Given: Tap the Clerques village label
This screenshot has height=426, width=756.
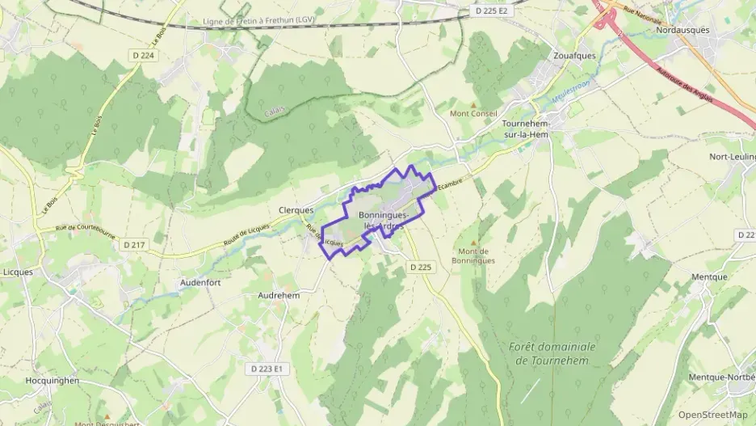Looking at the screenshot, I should (296, 209).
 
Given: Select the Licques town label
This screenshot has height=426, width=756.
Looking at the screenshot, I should (18, 272).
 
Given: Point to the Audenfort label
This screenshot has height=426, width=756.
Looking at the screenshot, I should (200, 283).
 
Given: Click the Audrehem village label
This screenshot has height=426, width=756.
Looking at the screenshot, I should (279, 296).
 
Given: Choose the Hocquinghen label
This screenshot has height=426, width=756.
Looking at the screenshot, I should (52, 380).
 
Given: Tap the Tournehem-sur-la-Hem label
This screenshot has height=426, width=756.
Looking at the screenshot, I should (525, 129).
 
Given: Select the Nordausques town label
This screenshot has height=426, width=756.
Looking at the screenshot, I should (682, 30).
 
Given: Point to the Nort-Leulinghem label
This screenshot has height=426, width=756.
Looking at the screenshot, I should (732, 157).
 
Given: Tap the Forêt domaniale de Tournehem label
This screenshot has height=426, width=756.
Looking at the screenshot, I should (552, 353).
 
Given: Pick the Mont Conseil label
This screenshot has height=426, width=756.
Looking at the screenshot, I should (472, 113).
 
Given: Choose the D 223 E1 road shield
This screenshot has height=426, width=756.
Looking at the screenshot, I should (267, 368).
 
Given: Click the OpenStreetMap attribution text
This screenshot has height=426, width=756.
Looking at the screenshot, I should (712, 415).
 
